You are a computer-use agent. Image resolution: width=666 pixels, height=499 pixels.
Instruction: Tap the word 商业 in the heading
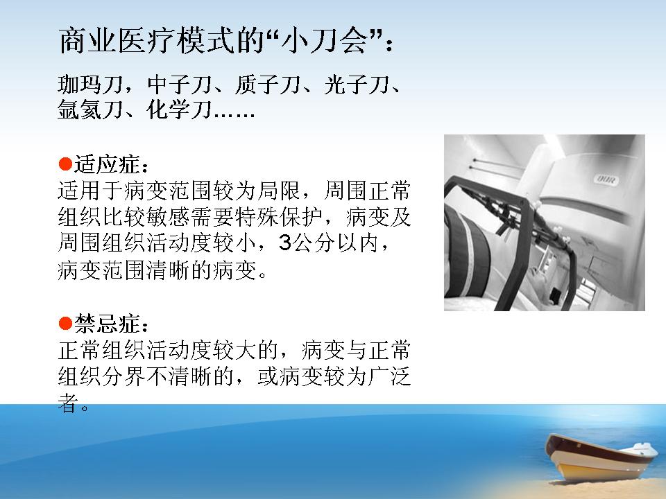88,41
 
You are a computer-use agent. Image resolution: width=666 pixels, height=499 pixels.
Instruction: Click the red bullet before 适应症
65,164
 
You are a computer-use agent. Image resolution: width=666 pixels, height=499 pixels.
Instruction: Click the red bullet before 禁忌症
65,324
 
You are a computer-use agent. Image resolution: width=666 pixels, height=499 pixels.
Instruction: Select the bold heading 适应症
107,164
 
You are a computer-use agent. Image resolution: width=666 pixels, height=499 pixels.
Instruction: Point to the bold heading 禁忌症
107,324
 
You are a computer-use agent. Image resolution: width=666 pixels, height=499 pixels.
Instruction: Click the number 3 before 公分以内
285,243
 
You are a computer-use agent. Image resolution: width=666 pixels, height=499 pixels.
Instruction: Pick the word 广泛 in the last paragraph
389,376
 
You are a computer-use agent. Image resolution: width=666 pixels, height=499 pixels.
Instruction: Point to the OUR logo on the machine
606,180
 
